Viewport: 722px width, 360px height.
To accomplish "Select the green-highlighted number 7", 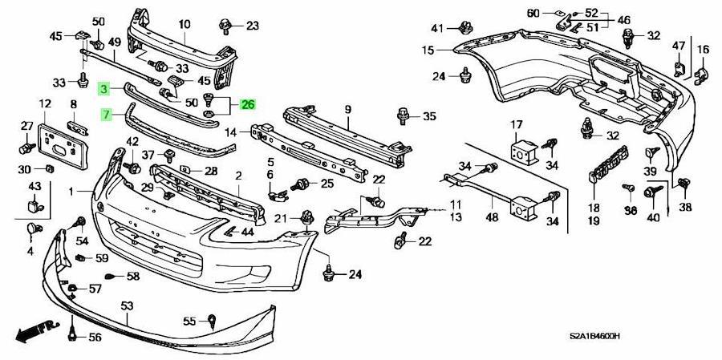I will [107, 114].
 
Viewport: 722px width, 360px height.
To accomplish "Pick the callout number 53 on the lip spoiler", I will [127, 306].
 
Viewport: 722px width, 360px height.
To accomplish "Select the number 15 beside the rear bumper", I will [428, 50].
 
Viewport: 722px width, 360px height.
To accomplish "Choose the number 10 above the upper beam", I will [185, 23].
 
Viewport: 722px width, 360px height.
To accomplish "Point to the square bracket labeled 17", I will [523, 150].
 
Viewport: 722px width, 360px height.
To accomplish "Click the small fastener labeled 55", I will [211, 322].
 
